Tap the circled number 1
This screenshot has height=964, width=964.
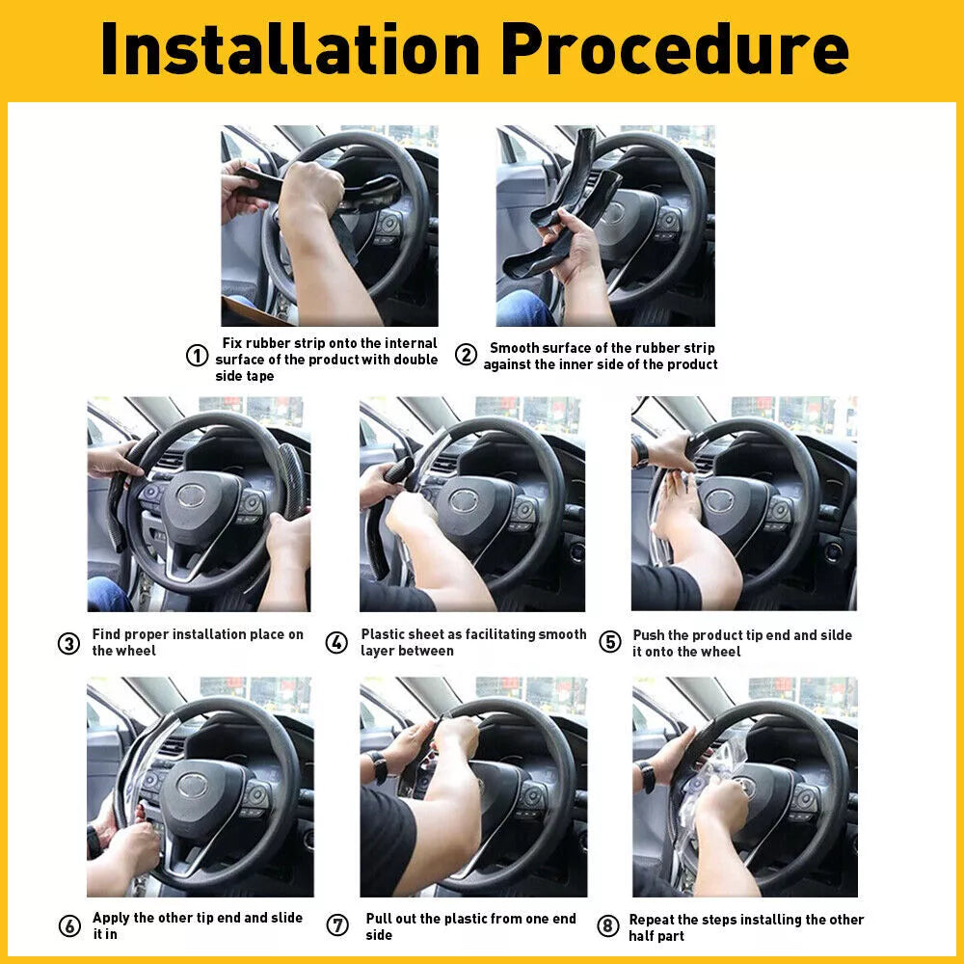coord(197,356)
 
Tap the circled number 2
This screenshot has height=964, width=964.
coord(466,356)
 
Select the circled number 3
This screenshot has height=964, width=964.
coord(68,643)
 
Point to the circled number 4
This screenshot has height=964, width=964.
coord(336,643)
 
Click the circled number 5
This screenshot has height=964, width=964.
coord(609,642)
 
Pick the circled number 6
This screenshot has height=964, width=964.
coord(69,926)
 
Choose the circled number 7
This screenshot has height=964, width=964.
coord(337,926)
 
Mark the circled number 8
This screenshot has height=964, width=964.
coord(607,926)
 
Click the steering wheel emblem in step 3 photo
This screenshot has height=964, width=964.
coord(190,495)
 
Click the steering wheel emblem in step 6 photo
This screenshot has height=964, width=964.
coord(191,783)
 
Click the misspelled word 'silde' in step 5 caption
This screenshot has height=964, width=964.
coord(834,635)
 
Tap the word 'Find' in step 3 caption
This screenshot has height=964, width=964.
coord(107,634)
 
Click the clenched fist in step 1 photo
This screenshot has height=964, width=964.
coord(310,186)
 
